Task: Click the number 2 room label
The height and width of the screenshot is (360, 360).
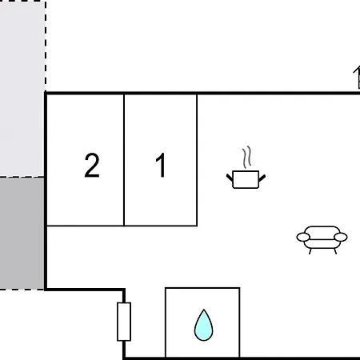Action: pyautogui.click(x=92, y=166)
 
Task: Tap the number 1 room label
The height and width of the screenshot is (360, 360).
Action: pyautogui.click(x=161, y=165)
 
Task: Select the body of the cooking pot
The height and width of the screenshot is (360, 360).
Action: pyautogui.click(x=246, y=179)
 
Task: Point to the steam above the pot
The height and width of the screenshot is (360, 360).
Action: pyautogui.click(x=247, y=157)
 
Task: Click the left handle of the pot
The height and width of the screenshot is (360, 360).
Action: pyautogui.click(x=230, y=178)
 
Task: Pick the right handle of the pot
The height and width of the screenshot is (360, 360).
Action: pyautogui.click(x=262, y=178)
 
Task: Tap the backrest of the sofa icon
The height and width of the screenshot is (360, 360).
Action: pyautogui.click(x=322, y=231)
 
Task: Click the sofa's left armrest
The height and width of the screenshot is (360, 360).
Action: pyautogui.click(x=303, y=237)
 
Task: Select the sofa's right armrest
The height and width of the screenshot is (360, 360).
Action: pyautogui.click(x=341, y=237)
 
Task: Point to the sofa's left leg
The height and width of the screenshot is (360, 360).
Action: pyautogui.click(x=310, y=251)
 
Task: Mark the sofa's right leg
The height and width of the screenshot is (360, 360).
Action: pyautogui.click(x=335, y=251)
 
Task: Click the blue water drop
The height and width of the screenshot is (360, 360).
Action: pyautogui.click(x=203, y=326)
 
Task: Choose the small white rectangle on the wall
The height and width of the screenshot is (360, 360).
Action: pyautogui.click(x=124, y=322)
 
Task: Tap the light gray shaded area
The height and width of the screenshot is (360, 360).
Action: pyautogui.click(x=22, y=88)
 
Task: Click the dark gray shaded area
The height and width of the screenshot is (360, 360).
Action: pyautogui.click(x=22, y=234)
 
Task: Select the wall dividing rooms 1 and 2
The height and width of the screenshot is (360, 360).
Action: pyautogui.click(x=124, y=160)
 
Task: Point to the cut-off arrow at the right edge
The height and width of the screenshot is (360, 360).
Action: pyautogui.click(x=357, y=78)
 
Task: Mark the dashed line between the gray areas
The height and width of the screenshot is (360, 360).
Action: pyautogui.click(x=22, y=177)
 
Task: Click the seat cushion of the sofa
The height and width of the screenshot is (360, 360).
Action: pyautogui.click(x=322, y=243)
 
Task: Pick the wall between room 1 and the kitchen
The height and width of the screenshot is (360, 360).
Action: pyautogui.click(x=197, y=160)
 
